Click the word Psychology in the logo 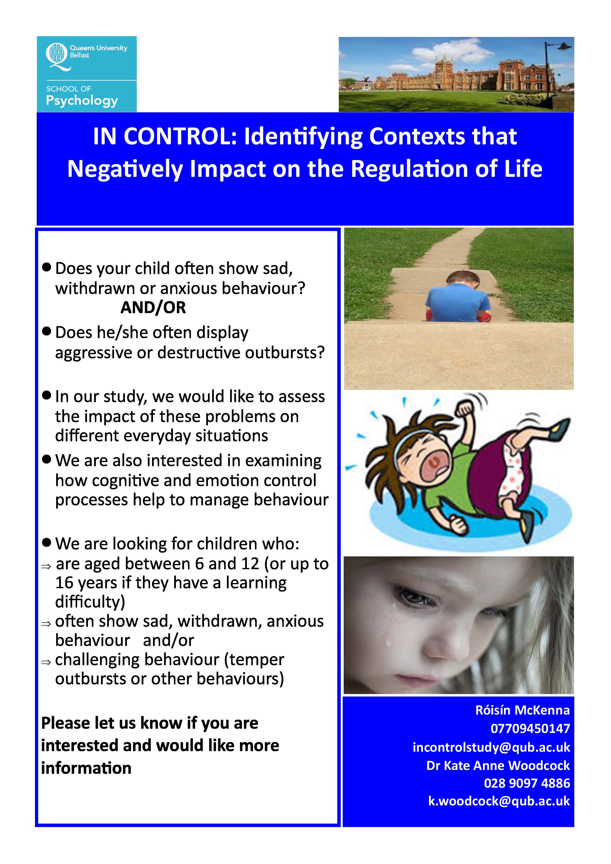coord(82,101)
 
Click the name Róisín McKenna coord(523,710)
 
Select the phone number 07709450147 coord(530,729)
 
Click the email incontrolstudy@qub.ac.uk coord(491,747)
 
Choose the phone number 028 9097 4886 coord(527,783)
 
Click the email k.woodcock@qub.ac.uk coord(499,801)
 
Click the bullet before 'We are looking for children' coord(47,542)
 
